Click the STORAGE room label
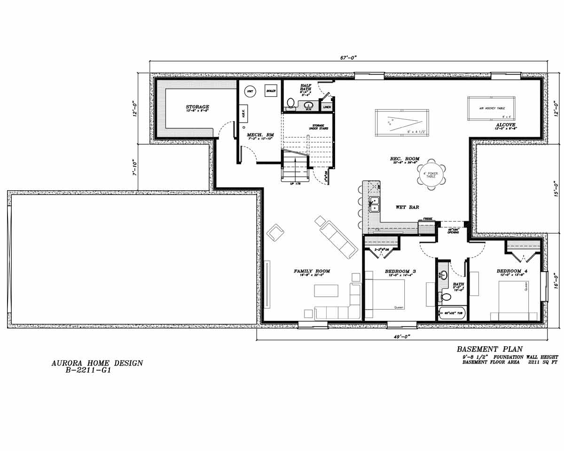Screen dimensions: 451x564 click(x=197, y=107)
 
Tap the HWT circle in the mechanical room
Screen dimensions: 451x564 click(x=250, y=91)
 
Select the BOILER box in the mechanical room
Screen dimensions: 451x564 click(x=270, y=91)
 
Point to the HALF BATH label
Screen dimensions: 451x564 click(x=306, y=88)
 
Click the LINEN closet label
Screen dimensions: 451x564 click(x=327, y=107)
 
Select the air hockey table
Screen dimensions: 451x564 click(x=491, y=108)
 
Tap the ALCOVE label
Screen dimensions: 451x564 click(x=506, y=125)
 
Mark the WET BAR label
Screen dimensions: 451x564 click(x=407, y=207)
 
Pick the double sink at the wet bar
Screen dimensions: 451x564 click(x=374, y=204)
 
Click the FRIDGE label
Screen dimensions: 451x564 click(x=427, y=219)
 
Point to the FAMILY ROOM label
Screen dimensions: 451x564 click(x=312, y=271)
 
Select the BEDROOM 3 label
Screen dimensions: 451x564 click(x=400, y=271)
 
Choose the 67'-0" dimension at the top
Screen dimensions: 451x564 click(x=348, y=57)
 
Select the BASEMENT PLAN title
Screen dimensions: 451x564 click(x=489, y=349)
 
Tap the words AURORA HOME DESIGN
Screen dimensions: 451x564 click(x=97, y=363)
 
